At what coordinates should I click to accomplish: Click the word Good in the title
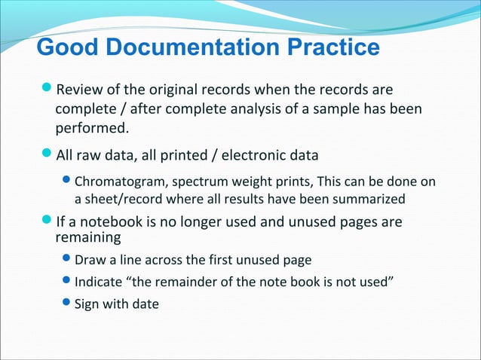coord(64,48)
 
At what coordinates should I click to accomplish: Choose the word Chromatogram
coord(116,182)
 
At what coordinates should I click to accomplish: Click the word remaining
coord(88,238)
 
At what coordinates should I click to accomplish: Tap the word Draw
coord(88,261)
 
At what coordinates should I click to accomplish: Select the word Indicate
coord(98,282)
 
